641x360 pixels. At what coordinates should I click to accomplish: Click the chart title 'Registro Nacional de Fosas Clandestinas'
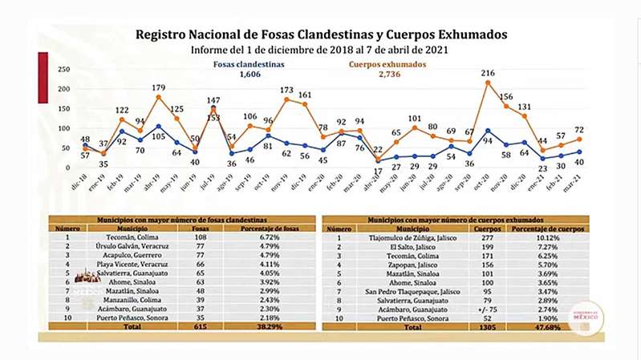(321, 35)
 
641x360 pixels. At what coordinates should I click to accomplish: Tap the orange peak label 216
(487, 74)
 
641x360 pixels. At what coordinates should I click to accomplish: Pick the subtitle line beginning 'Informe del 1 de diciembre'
(321, 51)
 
